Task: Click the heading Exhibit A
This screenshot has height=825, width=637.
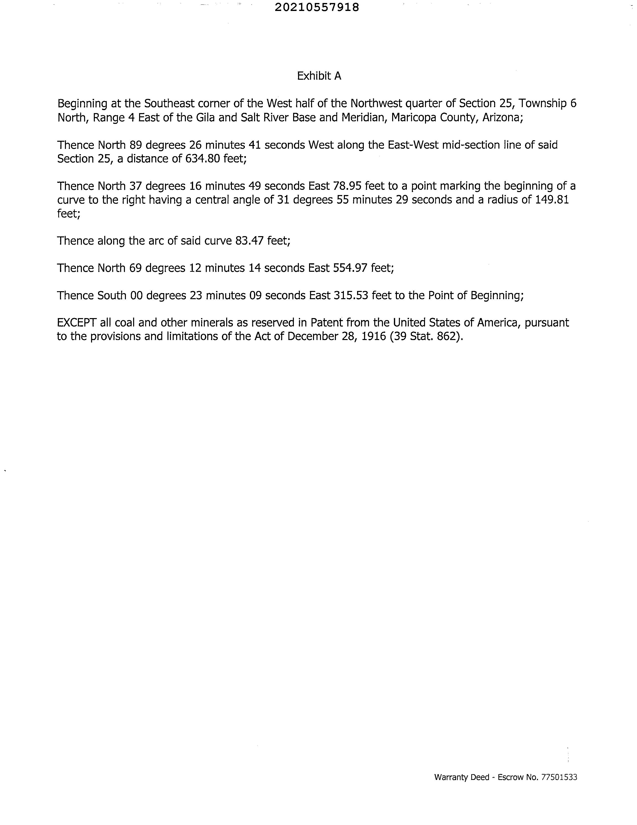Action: pyautogui.click(x=319, y=76)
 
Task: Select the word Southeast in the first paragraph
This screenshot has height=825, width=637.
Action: pyautogui.click(x=169, y=104)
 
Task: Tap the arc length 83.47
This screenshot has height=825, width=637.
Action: pyautogui.click(x=249, y=241)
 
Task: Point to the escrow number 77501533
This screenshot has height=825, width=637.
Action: pyautogui.click(x=559, y=777)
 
